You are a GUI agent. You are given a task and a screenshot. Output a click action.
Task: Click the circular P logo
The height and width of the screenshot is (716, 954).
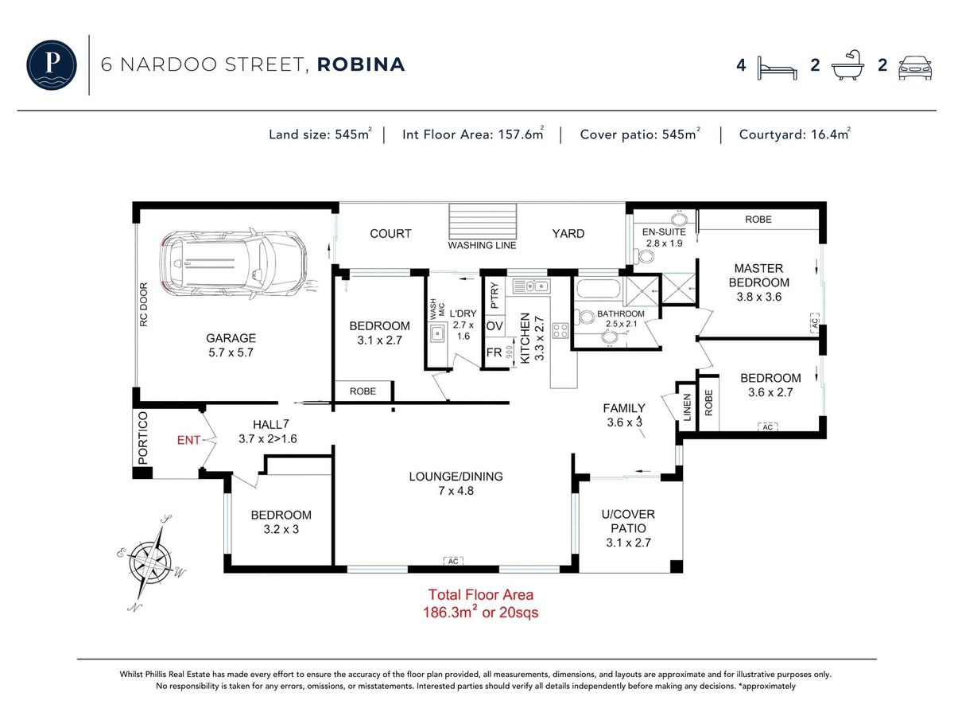52,64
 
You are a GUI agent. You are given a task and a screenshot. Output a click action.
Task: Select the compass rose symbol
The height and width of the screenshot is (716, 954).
151,563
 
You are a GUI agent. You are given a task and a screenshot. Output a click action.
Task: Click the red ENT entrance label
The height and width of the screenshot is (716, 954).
188,441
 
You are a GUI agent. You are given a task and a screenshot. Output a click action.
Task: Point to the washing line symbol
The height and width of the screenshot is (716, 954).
483,222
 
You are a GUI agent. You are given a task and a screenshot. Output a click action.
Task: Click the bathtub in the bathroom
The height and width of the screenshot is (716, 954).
598,288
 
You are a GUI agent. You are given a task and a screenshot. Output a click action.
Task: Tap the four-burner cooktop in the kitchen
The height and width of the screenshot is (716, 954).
560,330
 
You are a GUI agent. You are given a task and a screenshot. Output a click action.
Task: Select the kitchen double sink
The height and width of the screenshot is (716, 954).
531,286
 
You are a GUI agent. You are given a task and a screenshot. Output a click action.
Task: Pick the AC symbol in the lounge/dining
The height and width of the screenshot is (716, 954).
453,561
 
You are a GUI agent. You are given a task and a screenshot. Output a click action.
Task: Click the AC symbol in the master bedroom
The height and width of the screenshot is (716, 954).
815,323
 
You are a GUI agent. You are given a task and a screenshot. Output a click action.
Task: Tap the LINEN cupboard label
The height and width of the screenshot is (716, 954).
687,407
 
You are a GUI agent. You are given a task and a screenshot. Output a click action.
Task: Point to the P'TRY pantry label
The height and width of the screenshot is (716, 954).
494,296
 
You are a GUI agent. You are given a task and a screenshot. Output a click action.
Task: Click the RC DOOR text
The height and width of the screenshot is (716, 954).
144,305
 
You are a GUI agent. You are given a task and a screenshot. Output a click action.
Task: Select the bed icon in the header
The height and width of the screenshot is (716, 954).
777,68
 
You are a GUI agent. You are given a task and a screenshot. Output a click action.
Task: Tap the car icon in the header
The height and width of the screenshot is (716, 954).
915,68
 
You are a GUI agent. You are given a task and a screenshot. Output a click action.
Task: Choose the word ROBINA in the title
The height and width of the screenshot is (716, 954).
361,64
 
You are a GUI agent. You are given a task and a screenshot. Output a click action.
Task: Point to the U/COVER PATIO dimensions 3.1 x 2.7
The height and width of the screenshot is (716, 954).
629,543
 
